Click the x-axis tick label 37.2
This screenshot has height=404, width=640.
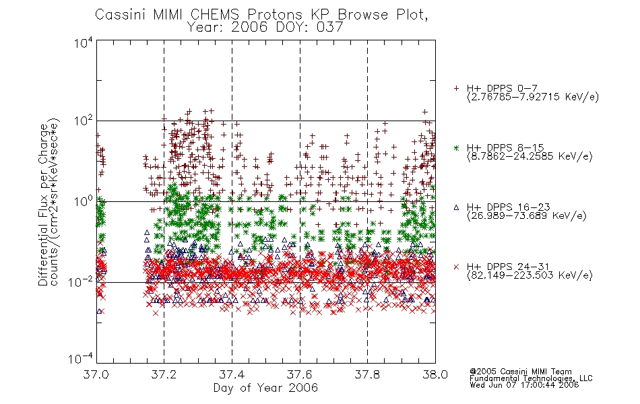click(164, 374)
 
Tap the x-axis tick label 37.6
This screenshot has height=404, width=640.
click(300, 374)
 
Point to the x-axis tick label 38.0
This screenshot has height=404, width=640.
click(435, 374)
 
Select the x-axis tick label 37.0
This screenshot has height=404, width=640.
click(96, 374)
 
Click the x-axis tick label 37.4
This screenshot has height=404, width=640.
click(232, 374)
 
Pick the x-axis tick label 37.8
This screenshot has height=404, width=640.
click(367, 374)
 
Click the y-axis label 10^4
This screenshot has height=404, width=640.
click(84, 42)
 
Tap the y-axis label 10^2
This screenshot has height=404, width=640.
click(84, 121)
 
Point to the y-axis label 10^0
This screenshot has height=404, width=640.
click(84, 201)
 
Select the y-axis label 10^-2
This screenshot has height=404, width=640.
click(81, 281)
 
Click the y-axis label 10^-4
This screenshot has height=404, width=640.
click(81, 359)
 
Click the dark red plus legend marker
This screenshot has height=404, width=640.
click(456, 88)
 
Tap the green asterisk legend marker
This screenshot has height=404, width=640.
click(456, 147)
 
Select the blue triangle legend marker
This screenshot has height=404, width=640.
click(456, 207)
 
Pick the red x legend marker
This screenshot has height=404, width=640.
click(456, 267)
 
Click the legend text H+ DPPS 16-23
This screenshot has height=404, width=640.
click(508, 207)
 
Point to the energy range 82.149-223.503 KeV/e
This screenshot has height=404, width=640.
click(530, 275)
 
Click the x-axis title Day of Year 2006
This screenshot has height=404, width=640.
click(265, 387)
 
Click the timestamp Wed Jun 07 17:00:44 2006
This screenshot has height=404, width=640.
click(524, 384)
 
